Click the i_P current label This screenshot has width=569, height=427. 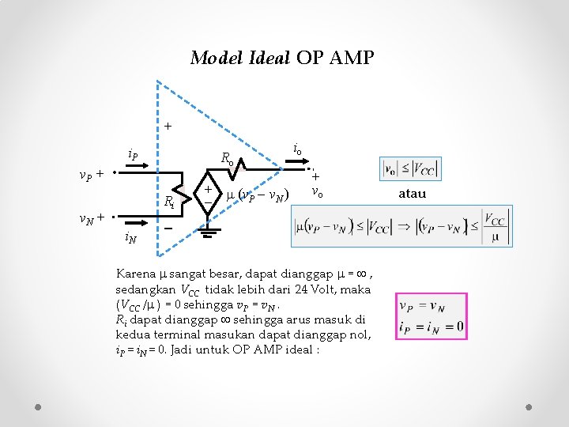pos(133,155)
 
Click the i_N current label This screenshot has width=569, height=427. pos(130,236)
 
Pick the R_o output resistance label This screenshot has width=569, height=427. pos(228,157)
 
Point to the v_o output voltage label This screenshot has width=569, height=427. pos(316,192)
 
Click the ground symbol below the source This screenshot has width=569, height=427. pos(207,229)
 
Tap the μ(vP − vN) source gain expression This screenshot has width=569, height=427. pos(258,195)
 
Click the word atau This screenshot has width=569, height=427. pos(412,194)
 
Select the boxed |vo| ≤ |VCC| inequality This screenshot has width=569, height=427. pos(409,168)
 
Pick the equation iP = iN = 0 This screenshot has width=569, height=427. pos(431,326)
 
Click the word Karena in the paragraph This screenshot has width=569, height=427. pos(136,274)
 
